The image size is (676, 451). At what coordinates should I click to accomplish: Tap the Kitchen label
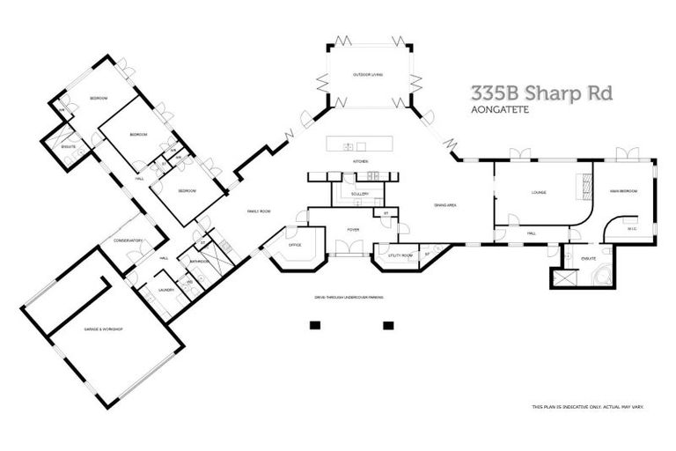(359, 162)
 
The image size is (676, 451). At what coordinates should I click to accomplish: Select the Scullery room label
(358, 194)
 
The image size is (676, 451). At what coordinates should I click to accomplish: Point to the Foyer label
(352, 230)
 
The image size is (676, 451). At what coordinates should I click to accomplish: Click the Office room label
(295, 246)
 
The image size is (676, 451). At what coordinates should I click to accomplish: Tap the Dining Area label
(445, 205)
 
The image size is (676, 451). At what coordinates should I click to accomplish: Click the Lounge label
(540, 191)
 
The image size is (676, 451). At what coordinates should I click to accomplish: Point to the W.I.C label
(631, 229)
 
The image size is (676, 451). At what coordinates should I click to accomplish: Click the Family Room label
(258, 211)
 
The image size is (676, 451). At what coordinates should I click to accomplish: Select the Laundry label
(165, 289)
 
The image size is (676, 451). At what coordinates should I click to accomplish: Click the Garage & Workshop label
(103, 329)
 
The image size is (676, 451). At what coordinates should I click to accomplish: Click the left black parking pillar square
(312, 324)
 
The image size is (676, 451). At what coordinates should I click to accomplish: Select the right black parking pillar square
(387, 324)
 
